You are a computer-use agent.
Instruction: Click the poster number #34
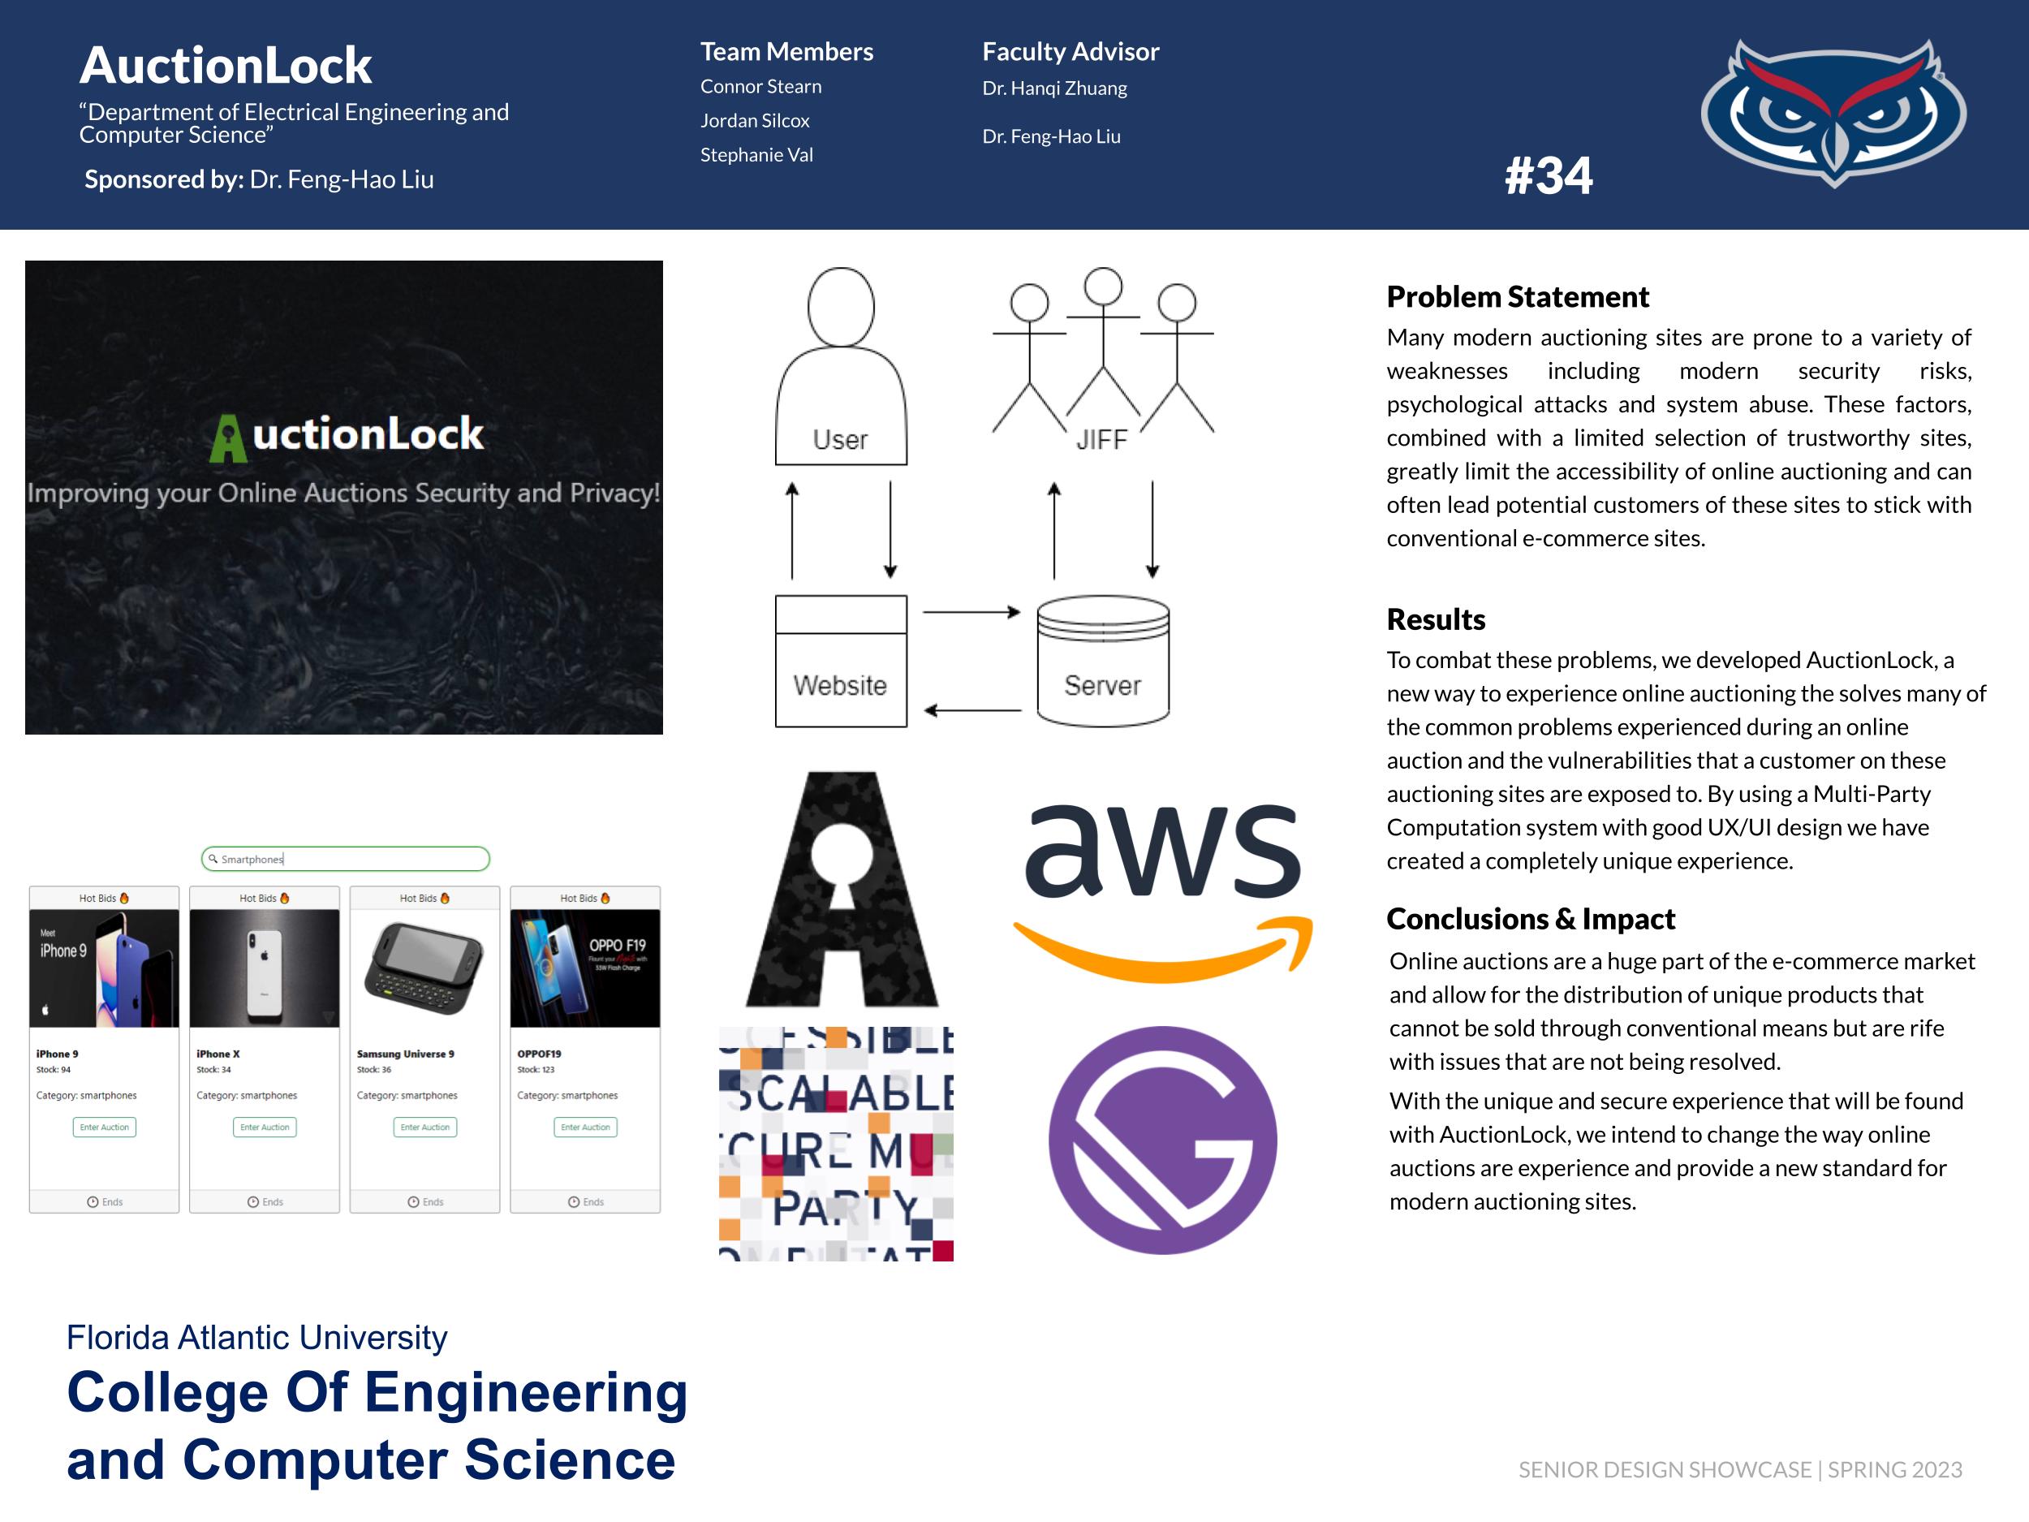coord(1549,175)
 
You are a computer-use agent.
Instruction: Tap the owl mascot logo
coord(1833,112)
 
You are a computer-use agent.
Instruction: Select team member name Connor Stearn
coord(760,86)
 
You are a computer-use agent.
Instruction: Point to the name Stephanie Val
coord(756,155)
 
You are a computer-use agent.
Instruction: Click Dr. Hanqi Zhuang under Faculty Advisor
coord(1054,88)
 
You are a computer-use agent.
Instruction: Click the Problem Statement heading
coord(1517,297)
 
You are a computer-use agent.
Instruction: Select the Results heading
coord(1436,619)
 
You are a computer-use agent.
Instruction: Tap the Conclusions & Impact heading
coord(1530,918)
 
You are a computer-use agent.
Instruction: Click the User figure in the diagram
coord(840,367)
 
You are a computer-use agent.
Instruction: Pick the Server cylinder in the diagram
coord(1102,661)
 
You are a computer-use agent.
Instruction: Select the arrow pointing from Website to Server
coord(971,612)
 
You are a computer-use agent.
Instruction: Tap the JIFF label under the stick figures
coord(1101,440)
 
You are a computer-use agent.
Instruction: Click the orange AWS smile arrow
coord(1163,950)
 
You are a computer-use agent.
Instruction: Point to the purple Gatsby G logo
coord(1162,1140)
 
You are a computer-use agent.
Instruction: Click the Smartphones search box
coord(345,859)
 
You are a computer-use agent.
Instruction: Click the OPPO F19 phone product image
coord(584,968)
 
